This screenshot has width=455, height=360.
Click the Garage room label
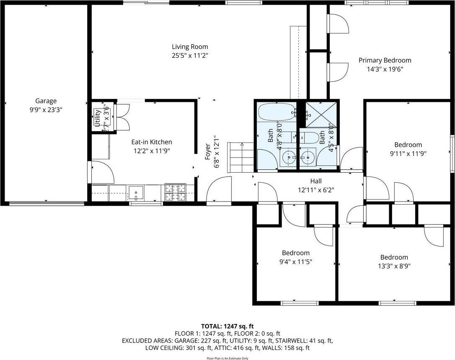click(x=46, y=101)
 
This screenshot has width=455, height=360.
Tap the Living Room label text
click(x=190, y=47)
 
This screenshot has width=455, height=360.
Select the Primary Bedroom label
click(x=385, y=60)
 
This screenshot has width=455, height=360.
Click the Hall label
click(x=316, y=181)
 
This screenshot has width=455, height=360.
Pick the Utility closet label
click(x=97, y=117)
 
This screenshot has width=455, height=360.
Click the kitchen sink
click(x=136, y=193)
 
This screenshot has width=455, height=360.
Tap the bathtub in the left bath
click(x=276, y=112)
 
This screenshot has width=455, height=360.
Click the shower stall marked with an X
click(x=321, y=114)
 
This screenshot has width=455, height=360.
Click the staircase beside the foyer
click(x=240, y=157)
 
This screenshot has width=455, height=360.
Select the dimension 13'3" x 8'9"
click(x=394, y=265)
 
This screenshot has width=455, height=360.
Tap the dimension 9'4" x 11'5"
click(x=296, y=261)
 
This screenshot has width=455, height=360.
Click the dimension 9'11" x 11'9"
click(x=408, y=153)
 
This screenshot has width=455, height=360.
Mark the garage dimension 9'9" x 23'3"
click(x=46, y=109)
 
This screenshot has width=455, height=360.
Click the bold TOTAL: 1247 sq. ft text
click(x=227, y=326)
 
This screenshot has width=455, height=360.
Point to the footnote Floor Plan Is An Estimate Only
click(x=227, y=358)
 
